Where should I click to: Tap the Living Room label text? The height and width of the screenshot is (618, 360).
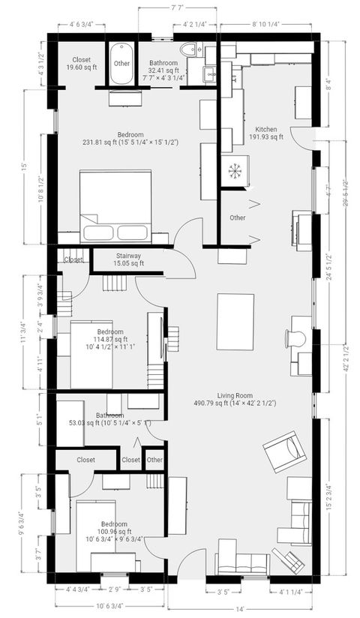click(x=235, y=399)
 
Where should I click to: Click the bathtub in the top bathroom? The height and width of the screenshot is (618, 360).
click(x=121, y=64)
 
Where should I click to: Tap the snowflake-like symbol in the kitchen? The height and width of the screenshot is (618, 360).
click(x=235, y=170)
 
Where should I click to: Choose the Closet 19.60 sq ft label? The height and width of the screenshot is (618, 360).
click(x=82, y=64)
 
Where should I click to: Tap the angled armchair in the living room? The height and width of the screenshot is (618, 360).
click(x=284, y=452)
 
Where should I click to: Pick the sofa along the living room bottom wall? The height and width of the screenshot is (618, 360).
click(x=241, y=563)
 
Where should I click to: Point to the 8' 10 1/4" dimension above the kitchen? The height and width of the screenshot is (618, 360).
click(x=265, y=24)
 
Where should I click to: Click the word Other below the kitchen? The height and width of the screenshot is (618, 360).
click(x=237, y=218)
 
